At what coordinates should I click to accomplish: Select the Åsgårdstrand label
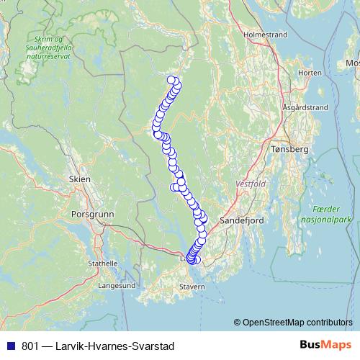305,107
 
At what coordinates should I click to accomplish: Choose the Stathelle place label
103,264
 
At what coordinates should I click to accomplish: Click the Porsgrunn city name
89,214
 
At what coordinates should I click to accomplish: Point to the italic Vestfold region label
251,184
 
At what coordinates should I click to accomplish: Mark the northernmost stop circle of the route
171,80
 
